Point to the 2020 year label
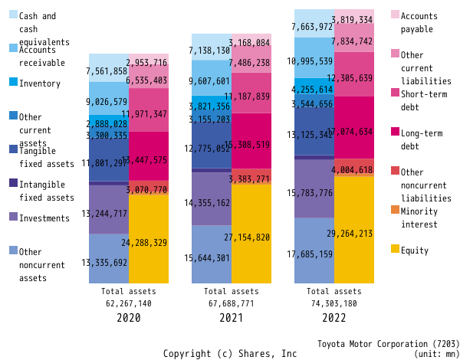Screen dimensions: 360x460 (x=128, y=317)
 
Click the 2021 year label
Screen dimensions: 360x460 (x=231, y=317)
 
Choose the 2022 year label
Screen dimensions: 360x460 (x=333, y=317)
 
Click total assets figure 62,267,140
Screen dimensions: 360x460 (x=128, y=303)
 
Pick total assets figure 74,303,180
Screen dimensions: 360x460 (x=333, y=303)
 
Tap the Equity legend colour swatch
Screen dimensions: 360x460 (x=395, y=249)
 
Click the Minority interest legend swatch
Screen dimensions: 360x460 (x=395, y=209)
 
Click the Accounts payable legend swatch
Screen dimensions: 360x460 (x=395, y=15)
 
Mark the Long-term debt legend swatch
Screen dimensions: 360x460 (x=395, y=131)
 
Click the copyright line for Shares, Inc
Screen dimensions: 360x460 (x=230, y=354)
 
